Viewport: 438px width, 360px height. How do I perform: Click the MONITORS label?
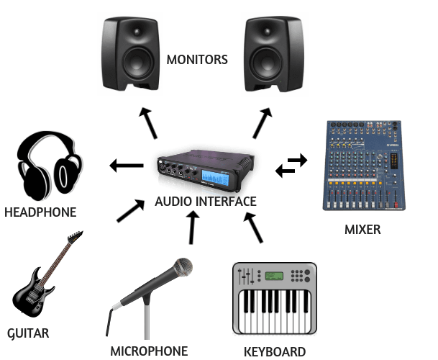pos(197,60)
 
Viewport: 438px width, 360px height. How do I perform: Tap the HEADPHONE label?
pos(40,212)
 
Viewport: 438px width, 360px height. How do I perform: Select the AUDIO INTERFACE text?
pos(206,201)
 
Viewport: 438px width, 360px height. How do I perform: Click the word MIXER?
pos(362,230)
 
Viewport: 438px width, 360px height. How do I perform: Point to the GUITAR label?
pos(28,333)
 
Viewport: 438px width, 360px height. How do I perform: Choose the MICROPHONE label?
pos(149,351)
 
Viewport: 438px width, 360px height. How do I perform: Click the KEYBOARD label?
pos(275,351)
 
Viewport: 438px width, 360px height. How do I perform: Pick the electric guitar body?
pos(33,291)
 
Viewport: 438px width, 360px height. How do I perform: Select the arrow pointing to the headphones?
pos(127,167)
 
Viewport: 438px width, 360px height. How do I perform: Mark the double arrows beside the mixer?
pos(291,166)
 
